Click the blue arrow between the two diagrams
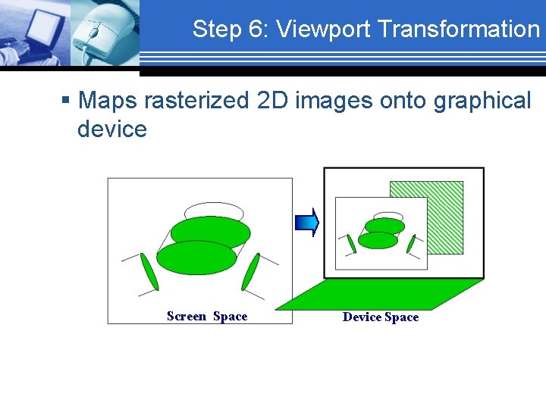307,221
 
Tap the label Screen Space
207,317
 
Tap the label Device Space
380,317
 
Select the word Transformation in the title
458,29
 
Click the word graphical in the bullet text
482,100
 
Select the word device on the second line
111,129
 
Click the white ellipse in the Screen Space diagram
214,210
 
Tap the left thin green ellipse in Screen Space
149,272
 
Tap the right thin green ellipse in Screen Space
250,271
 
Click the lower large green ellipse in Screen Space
196,257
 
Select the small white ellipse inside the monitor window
388,216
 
